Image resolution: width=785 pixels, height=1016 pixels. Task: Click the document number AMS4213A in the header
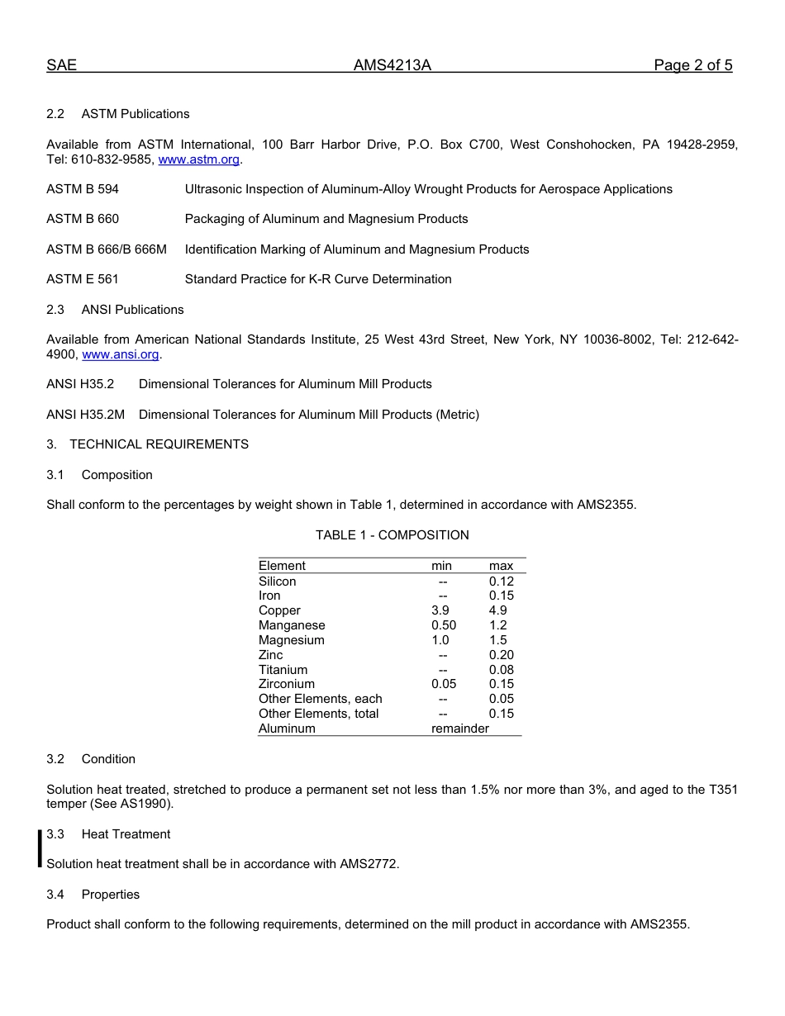click(x=392, y=66)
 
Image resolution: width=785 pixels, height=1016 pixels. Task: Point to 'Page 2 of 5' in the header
click(x=692, y=66)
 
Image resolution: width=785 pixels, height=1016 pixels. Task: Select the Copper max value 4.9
click(x=498, y=610)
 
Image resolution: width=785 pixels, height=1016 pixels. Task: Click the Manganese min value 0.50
click(x=443, y=625)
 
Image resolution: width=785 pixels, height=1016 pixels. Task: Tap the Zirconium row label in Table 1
click(x=286, y=684)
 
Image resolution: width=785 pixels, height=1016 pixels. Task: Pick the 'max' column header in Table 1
click(x=501, y=566)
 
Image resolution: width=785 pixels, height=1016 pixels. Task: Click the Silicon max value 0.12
click(x=501, y=582)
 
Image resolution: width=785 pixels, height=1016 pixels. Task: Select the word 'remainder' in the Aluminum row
click(x=459, y=729)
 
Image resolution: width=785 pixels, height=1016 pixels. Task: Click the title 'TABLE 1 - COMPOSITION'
click(x=392, y=535)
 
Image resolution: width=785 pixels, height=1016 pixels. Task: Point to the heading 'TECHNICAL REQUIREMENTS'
click(x=159, y=444)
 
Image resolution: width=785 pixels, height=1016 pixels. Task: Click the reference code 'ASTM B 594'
click(x=83, y=189)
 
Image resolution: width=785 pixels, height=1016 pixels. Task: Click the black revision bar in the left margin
click(x=39, y=849)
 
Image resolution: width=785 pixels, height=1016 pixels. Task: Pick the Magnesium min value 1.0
click(x=440, y=640)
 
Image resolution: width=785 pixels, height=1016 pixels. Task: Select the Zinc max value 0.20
click(x=501, y=655)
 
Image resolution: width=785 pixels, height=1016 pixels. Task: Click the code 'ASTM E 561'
click(x=83, y=279)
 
